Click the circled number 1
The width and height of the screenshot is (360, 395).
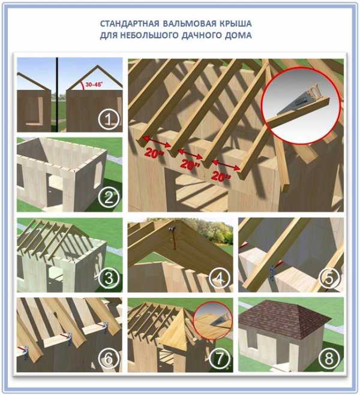click(x=109, y=120)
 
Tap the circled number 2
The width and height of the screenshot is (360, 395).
click(x=109, y=198)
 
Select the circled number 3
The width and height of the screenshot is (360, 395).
click(x=109, y=279)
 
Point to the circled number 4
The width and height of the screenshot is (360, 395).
click(x=220, y=279)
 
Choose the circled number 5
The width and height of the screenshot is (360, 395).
click(x=329, y=279)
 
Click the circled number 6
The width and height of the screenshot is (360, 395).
click(x=109, y=358)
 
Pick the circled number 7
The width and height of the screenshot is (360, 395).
click(x=220, y=358)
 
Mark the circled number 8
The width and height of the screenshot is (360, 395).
click(x=329, y=358)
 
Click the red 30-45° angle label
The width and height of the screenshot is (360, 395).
click(x=93, y=85)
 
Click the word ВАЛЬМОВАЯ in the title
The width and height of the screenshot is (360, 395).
click(x=190, y=24)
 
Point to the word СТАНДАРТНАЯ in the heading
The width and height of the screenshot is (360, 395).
click(x=130, y=24)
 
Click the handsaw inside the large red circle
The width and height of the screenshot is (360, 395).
click(x=298, y=101)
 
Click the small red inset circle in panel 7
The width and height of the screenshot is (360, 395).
click(x=213, y=319)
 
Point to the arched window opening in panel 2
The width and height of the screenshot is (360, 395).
click(x=97, y=174)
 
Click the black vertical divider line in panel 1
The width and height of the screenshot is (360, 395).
click(x=57, y=95)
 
